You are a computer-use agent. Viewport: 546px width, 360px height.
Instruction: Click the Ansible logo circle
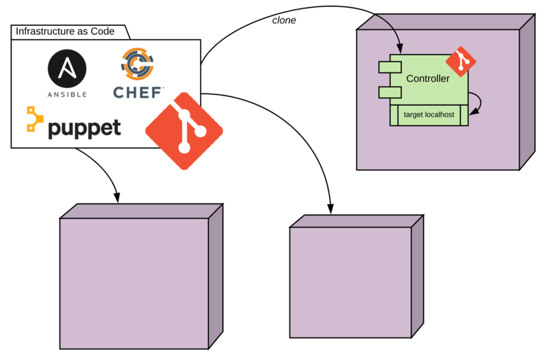(67, 70)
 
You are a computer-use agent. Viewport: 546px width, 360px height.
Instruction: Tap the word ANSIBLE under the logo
(67, 94)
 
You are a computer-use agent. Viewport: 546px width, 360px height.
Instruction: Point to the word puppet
(84, 128)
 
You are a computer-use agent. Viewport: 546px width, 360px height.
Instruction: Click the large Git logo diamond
(184, 130)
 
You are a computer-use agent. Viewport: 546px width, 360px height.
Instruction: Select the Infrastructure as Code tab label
(65, 31)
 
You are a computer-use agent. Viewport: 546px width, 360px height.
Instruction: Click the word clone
(284, 20)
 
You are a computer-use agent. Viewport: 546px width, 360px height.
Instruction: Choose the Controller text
(428, 79)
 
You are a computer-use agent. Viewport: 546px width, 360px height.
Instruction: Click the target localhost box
(429, 115)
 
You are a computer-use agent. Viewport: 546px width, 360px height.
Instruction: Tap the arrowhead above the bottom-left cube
(117, 197)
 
